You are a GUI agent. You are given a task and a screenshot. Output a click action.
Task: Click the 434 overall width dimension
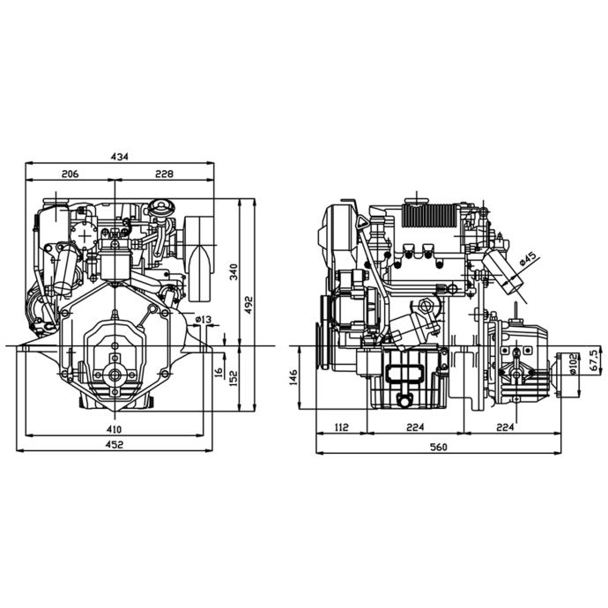pyautogui.click(x=119, y=157)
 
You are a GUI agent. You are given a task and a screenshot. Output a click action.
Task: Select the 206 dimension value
pyautogui.click(x=70, y=174)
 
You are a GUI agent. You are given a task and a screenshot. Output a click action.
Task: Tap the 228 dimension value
pyautogui.click(x=164, y=174)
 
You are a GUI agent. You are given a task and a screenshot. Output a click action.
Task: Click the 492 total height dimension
pyautogui.click(x=248, y=305)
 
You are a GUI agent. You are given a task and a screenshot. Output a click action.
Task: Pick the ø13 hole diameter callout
pyautogui.click(x=204, y=319)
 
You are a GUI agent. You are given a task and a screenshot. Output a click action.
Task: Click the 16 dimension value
pyautogui.click(x=219, y=373)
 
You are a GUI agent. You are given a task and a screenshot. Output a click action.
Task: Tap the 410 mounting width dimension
pyautogui.click(x=114, y=429)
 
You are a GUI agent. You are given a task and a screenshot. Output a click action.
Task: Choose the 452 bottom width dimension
pyautogui.click(x=114, y=444)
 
